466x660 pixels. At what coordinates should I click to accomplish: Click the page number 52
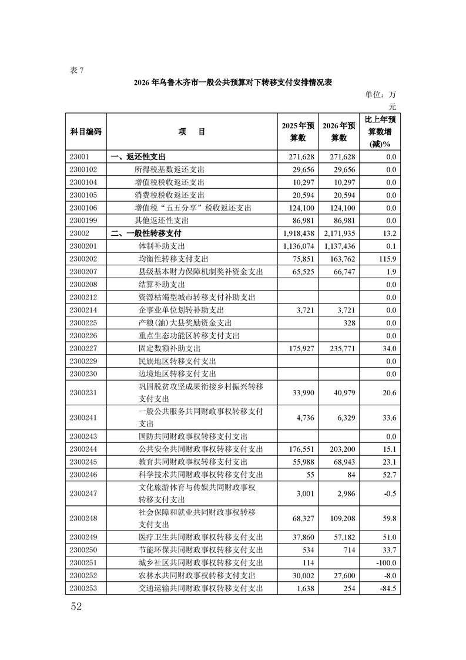tap(75, 606)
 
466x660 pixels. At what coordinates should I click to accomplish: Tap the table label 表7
tap(77, 71)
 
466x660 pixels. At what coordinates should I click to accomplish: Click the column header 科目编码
tap(85, 132)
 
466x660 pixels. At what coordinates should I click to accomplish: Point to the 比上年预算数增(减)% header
tap(379, 132)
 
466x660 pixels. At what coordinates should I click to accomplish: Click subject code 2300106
tap(83, 208)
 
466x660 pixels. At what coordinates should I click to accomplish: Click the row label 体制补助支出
tap(162, 246)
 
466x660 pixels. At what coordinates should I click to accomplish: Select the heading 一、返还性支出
tap(139, 157)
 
